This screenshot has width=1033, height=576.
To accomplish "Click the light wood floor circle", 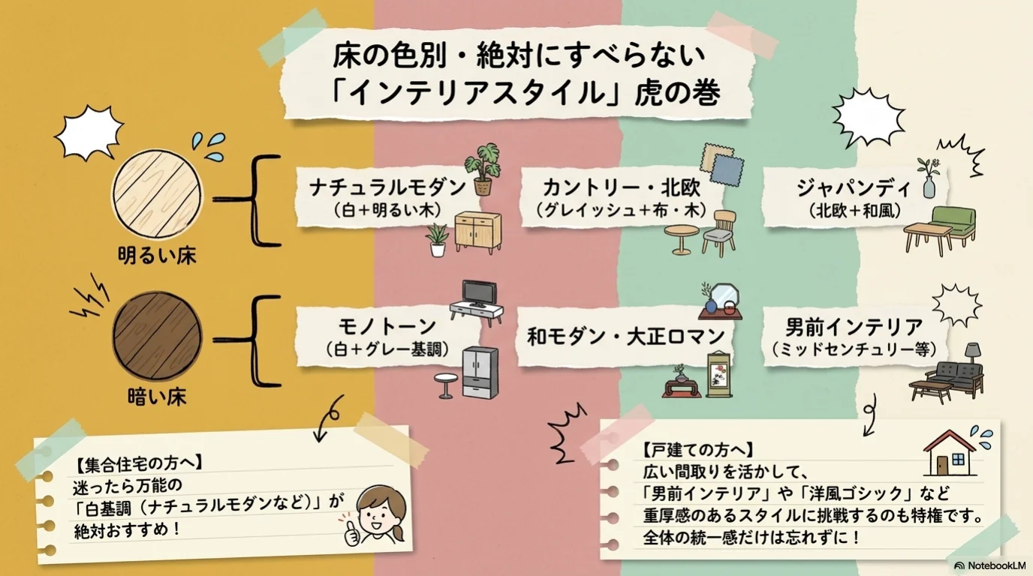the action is (157, 194).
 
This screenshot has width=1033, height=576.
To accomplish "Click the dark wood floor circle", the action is (157, 336).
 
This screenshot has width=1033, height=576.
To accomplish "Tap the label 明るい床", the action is (157, 256).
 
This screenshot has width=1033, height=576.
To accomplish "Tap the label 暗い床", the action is (157, 397).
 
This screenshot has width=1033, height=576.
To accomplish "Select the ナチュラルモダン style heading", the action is (387, 187).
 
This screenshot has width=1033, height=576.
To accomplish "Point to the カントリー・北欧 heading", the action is (621, 187).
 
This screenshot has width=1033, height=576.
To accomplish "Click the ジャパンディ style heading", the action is (854, 188).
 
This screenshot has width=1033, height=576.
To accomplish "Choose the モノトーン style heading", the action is (387, 327).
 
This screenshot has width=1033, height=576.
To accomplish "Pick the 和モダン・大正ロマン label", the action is (626, 337).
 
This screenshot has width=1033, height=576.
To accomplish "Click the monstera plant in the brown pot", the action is (483, 169).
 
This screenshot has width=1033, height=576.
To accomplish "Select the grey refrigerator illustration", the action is (480, 373).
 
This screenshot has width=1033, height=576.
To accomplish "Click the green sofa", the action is (953, 225).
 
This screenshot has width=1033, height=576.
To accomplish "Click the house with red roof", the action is (950, 453).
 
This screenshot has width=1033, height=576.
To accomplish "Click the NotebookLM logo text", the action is (996, 565).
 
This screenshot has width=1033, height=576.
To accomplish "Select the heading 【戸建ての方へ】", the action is (698, 450).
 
